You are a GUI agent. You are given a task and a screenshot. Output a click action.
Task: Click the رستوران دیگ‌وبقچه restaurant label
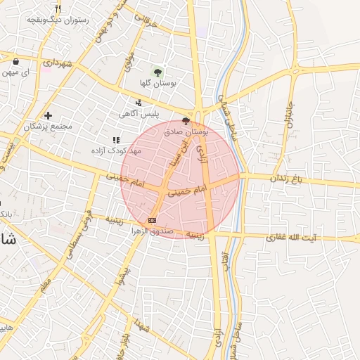tap(58, 20)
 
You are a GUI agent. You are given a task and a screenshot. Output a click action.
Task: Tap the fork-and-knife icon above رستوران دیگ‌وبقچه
tap(58, 9)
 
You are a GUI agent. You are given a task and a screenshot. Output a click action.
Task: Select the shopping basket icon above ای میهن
tap(15, 62)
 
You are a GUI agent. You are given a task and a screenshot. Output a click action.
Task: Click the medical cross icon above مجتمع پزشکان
tap(48, 115)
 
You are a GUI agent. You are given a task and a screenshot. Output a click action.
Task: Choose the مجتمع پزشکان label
tap(48, 127)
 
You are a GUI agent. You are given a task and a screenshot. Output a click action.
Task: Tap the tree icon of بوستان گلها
tap(157, 71)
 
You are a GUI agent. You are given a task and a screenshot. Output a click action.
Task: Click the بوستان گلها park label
tap(157, 82)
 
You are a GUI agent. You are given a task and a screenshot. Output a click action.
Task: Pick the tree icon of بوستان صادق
tap(186, 121)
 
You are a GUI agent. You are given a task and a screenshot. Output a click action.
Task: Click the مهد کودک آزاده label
tap(117, 150)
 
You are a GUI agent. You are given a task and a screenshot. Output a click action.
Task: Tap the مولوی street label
tap(129, 61)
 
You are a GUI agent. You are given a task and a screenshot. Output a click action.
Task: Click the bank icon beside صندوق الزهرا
tap(153, 221)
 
